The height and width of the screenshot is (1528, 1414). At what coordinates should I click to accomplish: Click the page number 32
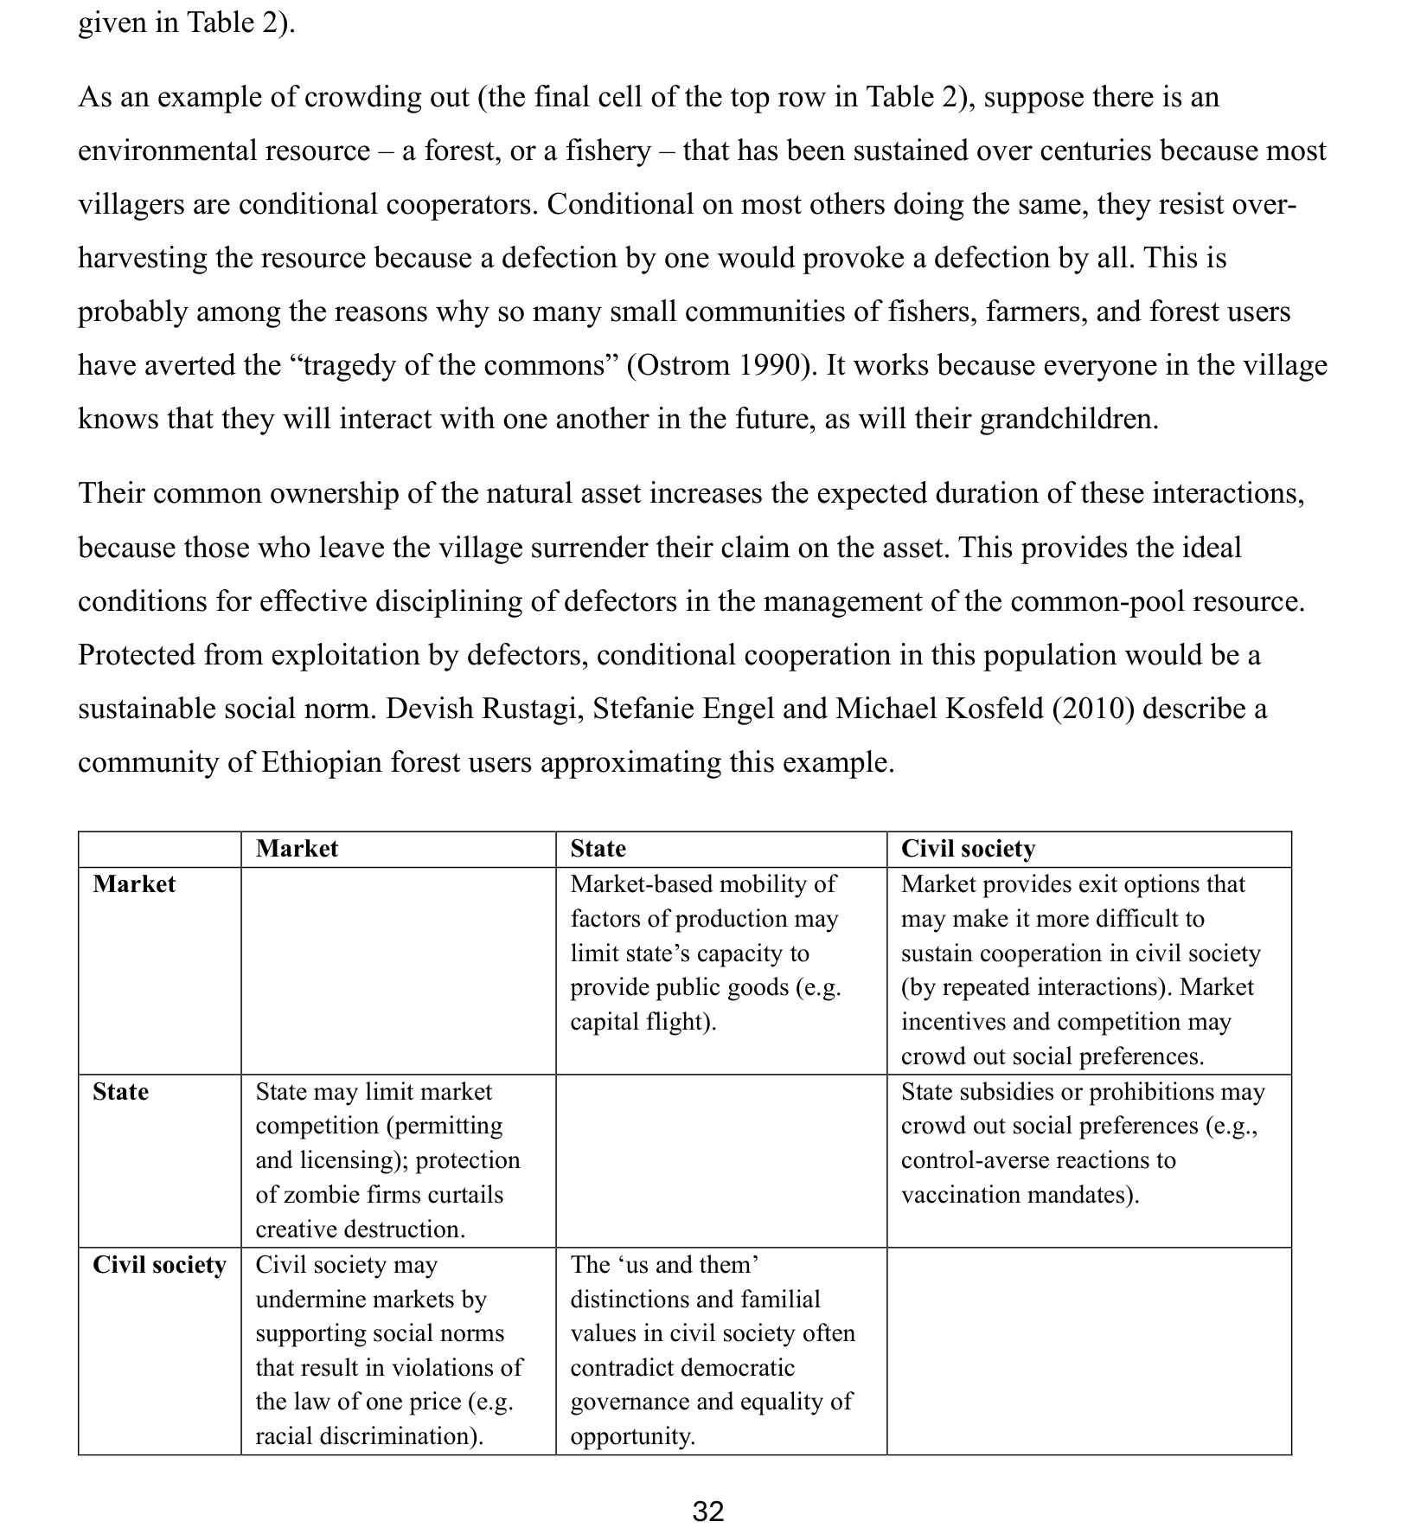[x=707, y=1511]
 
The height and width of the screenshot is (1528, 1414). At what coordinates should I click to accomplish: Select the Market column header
[x=297, y=849]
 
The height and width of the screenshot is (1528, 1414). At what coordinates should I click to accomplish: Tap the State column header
[x=598, y=849]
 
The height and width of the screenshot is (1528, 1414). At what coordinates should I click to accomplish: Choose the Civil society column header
[x=967, y=849]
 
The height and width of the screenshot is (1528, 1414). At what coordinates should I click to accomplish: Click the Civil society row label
[x=159, y=1265]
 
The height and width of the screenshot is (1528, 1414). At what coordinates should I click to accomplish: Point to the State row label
[x=120, y=1092]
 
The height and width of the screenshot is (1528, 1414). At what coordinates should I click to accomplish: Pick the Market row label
[x=134, y=884]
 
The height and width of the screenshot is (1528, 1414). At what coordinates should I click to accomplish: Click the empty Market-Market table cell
[x=398, y=970]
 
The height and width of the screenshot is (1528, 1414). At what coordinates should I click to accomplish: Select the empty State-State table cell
[x=720, y=1160]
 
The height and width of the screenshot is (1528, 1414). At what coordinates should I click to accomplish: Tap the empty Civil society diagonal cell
[x=1088, y=1350]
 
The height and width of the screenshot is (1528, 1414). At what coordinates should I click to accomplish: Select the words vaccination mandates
[x=1018, y=1195]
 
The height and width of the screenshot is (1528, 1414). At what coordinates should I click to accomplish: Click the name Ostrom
[x=683, y=365]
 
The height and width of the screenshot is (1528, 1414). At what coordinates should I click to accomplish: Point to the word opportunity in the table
[x=631, y=1436]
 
